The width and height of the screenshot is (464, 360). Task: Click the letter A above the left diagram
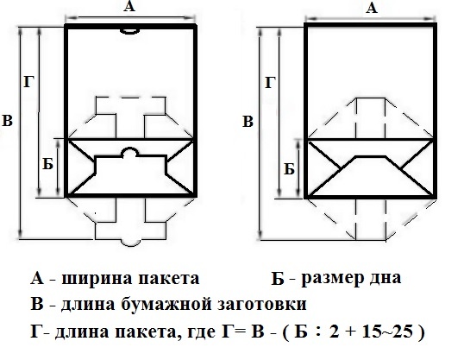point(129,6)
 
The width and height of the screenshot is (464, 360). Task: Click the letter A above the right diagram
point(372,8)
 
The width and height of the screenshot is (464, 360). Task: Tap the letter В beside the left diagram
point(7,121)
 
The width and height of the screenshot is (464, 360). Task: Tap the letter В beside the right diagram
point(248,122)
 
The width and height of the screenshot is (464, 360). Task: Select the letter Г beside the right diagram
point(271,82)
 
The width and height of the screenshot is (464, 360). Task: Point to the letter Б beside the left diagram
point(47,163)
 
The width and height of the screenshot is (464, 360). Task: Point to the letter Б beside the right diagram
point(289,169)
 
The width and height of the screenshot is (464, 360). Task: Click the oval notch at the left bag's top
point(130,31)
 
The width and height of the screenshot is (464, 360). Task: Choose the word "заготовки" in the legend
point(262,306)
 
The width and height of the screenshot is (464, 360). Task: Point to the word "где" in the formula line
point(202,332)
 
